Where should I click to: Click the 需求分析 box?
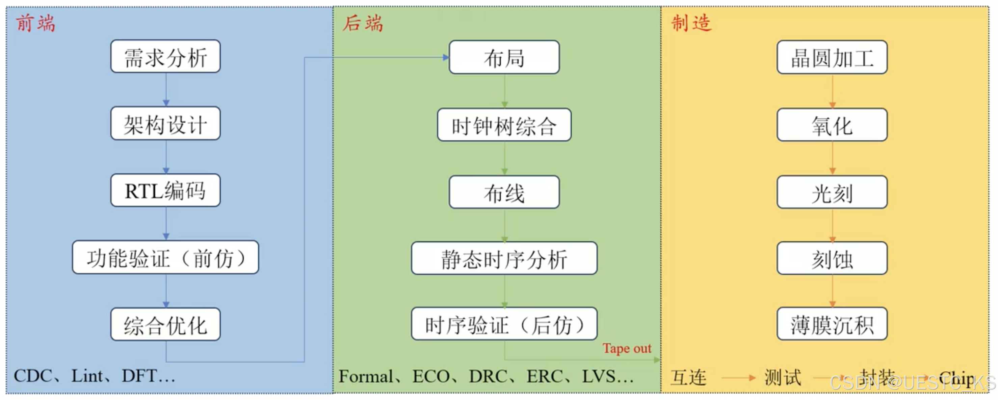point(165,56)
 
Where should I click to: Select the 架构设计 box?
point(165,123)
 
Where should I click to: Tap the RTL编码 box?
point(165,190)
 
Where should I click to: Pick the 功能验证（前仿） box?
point(165,258)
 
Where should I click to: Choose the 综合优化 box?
point(165,324)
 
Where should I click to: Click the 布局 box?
point(504,57)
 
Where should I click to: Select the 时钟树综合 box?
point(504,125)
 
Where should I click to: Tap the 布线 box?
point(504,192)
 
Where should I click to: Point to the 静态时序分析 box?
point(504,258)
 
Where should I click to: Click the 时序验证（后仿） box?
point(504,324)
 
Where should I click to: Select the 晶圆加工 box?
point(832,57)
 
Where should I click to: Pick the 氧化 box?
point(832,125)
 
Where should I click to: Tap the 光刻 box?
point(832,192)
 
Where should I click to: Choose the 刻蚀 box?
point(832,258)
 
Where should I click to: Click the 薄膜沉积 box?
point(832,324)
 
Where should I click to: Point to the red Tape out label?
point(627,348)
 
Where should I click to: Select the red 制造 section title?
point(691,23)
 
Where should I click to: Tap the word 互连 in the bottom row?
point(688,377)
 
